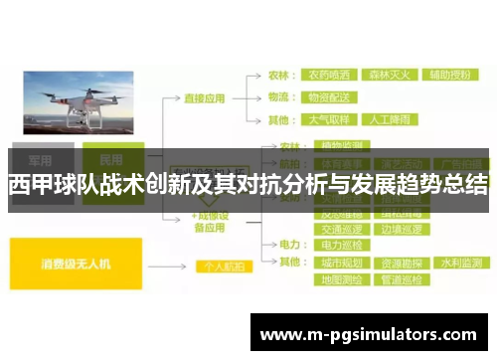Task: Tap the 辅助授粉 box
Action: coord(450,74)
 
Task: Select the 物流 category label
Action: coord(279,96)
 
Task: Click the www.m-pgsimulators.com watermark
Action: coord(368,333)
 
